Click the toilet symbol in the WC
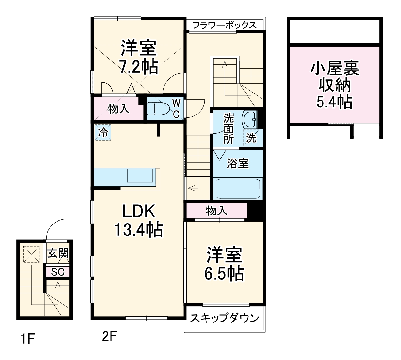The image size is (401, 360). click(x=158, y=108)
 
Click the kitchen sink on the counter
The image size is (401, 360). click(x=140, y=176)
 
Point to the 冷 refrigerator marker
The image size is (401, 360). click(x=103, y=132)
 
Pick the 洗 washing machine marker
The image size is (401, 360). click(x=251, y=138)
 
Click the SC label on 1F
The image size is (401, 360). click(x=58, y=272)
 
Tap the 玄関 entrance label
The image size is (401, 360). click(x=58, y=253)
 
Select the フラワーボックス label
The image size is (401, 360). click(x=225, y=25)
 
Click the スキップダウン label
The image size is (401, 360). click(x=225, y=318)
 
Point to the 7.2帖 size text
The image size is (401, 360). click(x=139, y=67)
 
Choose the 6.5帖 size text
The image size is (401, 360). click(x=224, y=274)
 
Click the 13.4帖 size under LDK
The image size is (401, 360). click(x=139, y=230)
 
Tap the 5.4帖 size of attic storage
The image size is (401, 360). click(x=334, y=102)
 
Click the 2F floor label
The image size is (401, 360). click(x=109, y=337)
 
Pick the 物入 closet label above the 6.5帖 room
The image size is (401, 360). click(x=216, y=211)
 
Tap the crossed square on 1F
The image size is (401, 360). click(x=31, y=254)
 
